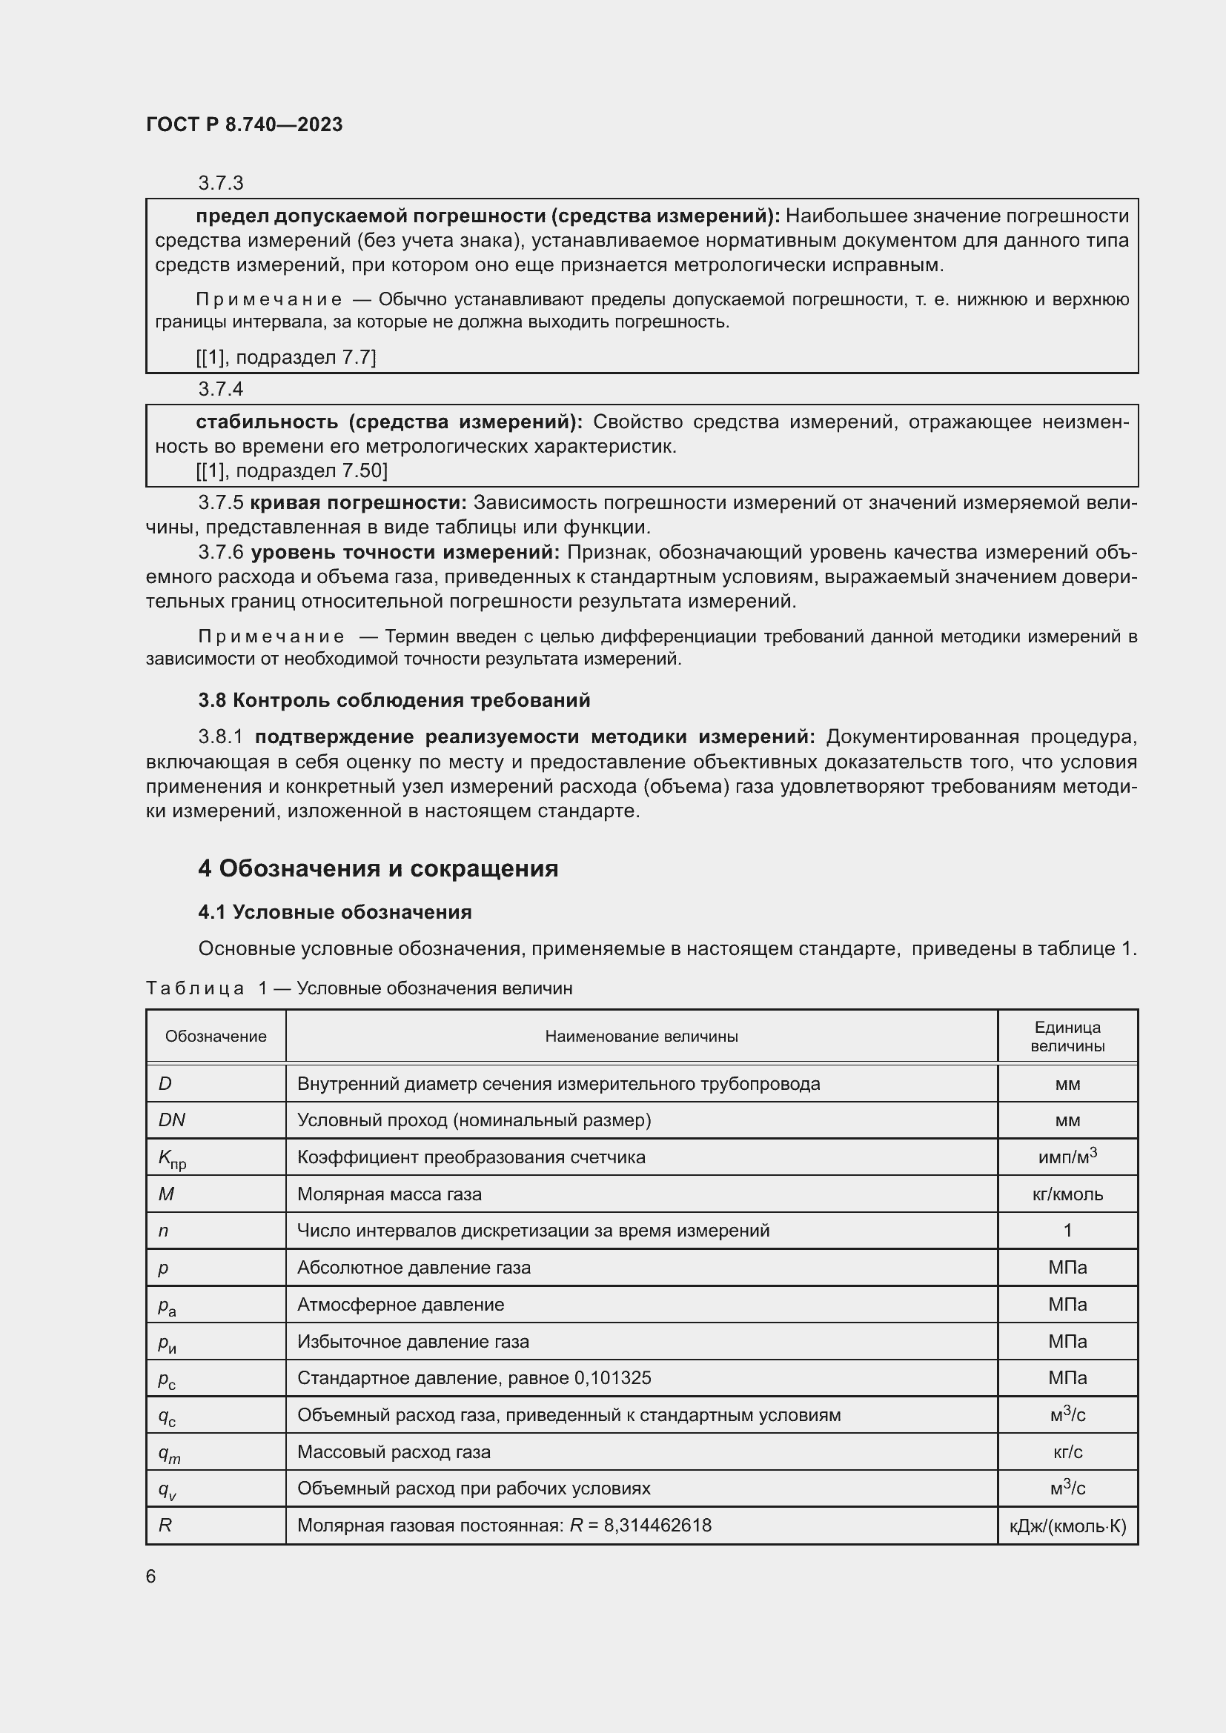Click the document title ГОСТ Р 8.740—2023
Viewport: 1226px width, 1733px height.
244,124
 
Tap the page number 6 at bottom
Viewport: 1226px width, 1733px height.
151,1577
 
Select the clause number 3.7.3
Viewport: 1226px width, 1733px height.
220,184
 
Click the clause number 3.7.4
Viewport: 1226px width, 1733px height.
220,389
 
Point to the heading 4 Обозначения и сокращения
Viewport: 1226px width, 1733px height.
377,869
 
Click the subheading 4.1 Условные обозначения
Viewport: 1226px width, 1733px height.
334,913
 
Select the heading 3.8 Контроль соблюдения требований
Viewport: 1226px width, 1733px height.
394,700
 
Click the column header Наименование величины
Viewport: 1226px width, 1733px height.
641,1037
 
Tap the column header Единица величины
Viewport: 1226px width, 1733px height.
1067,1037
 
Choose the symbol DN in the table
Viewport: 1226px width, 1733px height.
172,1120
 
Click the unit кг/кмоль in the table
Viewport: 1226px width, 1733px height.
1067,1194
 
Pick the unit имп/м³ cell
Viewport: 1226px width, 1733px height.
1067,1157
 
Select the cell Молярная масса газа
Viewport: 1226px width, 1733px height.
389,1194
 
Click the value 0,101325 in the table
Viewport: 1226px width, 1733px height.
612,1378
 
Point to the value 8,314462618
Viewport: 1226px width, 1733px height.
657,1526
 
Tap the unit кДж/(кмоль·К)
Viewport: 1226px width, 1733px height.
1067,1526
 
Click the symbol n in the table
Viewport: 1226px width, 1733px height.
163,1231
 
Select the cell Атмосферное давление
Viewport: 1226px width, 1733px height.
400,1304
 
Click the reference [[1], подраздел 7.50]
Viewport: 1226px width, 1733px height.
291,471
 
